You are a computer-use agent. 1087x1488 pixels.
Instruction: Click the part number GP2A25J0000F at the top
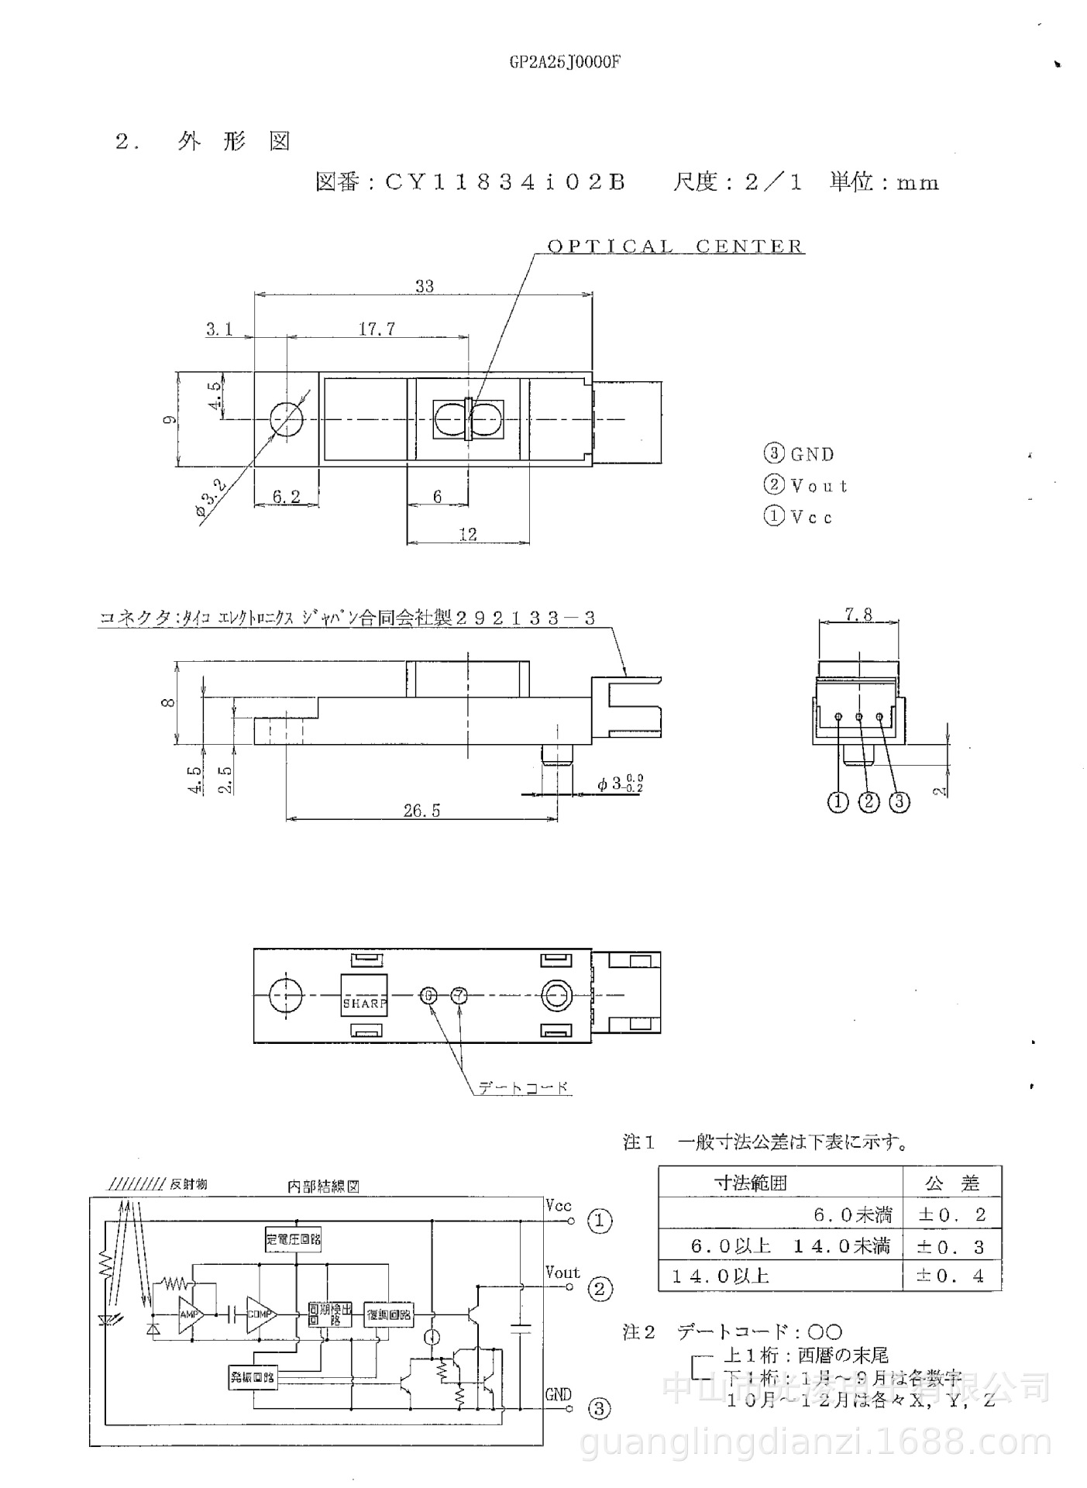point(565,63)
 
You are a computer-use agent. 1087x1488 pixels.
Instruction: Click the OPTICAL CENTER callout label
point(676,246)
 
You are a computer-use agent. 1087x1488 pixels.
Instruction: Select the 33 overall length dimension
point(424,286)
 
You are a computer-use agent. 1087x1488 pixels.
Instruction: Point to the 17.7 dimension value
point(377,329)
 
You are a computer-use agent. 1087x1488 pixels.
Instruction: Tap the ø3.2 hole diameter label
point(211,498)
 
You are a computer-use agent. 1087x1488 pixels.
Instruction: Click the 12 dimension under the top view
point(468,534)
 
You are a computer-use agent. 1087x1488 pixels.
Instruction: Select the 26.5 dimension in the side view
point(421,811)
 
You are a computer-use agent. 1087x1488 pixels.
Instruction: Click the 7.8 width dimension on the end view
point(858,615)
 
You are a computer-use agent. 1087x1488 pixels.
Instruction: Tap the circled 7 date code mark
point(459,995)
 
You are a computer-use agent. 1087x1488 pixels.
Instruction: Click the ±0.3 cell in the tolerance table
point(951,1247)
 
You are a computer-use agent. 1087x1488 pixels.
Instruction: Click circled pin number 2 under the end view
point(869,802)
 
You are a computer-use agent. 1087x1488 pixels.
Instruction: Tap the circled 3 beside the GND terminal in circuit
point(600,1408)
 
